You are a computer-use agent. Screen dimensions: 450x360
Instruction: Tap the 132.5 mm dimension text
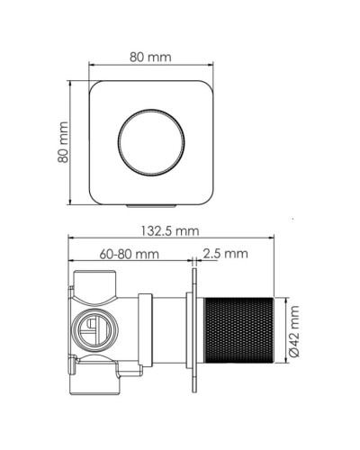168,231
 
